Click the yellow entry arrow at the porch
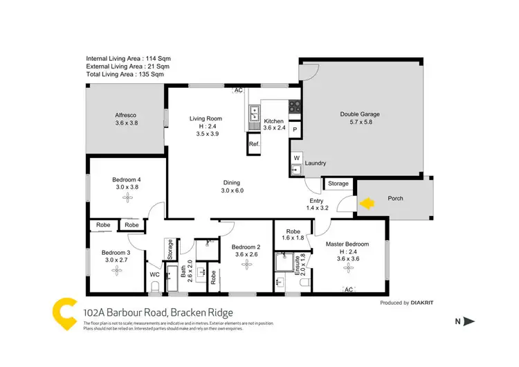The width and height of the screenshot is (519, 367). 366,203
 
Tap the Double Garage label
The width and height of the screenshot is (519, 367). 359,115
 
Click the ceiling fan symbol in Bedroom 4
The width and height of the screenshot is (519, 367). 127,197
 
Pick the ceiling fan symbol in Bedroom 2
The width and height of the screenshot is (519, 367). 246,264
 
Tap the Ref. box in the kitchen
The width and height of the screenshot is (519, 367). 254,144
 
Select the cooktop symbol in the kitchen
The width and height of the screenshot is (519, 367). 294,107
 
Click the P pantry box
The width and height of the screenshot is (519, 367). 294,129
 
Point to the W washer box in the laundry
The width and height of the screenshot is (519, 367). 295,158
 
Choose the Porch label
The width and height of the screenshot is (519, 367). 395,199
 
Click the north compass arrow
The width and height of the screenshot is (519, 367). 468,321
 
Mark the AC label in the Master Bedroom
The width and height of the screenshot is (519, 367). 349,289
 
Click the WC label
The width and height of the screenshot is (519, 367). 155,275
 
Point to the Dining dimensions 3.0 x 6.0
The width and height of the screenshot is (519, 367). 232,190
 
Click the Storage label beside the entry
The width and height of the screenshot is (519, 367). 338,183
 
